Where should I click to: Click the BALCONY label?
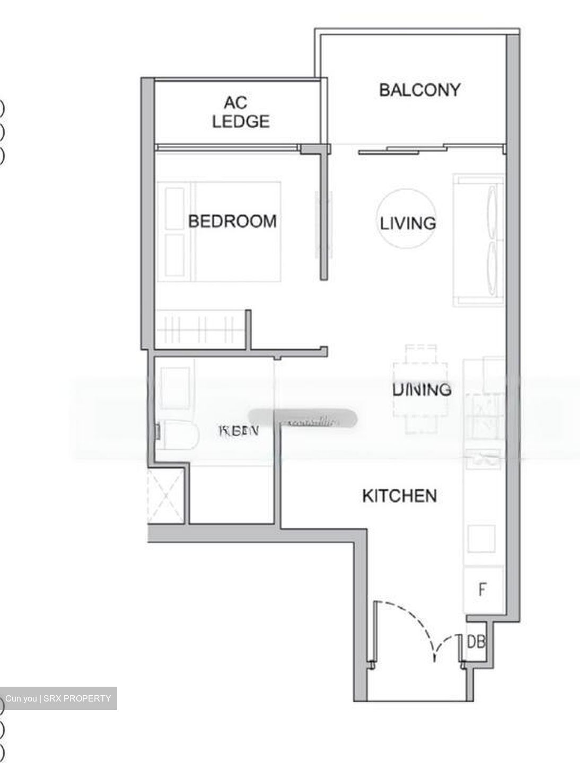pyautogui.click(x=419, y=90)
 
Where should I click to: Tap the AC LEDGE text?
pyautogui.click(x=240, y=112)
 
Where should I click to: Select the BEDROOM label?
pyautogui.click(x=232, y=221)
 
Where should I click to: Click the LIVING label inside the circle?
pyautogui.click(x=408, y=223)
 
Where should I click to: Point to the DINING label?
pyautogui.click(x=422, y=390)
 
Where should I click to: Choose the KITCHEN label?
pyautogui.click(x=400, y=496)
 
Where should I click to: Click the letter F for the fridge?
pyautogui.click(x=482, y=589)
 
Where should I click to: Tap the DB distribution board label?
pyautogui.click(x=476, y=642)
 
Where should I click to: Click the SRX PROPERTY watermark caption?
pyautogui.click(x=58, y=698)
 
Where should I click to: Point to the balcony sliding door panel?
pyautogui.click(x=403, y=150)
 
